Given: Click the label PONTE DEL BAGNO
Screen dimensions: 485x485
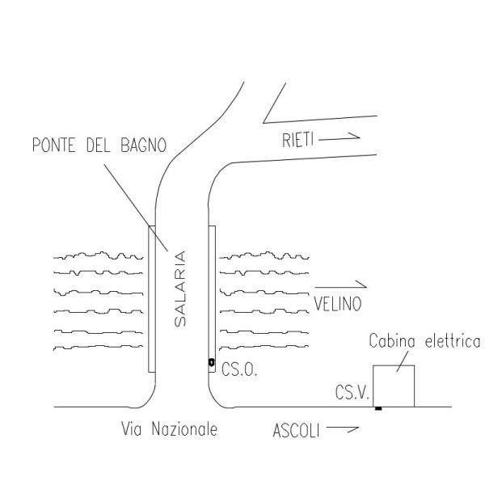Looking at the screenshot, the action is click(99, 145).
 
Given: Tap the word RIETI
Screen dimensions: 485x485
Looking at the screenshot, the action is click(297, 140).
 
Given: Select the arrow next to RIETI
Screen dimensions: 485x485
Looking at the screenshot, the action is click(339, 137).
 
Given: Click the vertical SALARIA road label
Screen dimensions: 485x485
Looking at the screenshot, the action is click(180, 289).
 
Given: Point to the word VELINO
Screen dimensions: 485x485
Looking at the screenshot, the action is click(338, 304).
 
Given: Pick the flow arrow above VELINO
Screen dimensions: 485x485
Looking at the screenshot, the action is click(340, 285).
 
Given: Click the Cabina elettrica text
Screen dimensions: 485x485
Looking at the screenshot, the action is click(424, 341).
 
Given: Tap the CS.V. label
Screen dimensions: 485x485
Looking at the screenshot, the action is click(352, 393).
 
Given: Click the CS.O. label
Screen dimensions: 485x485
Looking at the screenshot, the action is click(239, 369).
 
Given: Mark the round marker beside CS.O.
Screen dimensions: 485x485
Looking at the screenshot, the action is click(212, 362).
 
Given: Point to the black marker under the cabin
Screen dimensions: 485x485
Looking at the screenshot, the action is click(378, 408).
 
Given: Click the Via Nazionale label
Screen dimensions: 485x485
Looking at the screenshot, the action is click(169, 428).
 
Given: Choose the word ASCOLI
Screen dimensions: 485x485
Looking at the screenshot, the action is click(296, 431).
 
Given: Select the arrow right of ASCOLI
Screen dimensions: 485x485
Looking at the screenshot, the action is click(343, 428).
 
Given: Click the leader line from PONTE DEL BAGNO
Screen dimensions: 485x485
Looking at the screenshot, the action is click(136, 208).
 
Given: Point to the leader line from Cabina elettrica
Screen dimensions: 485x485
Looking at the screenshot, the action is click(403, 361).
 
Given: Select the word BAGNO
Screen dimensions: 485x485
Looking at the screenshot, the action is click(144, 145).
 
